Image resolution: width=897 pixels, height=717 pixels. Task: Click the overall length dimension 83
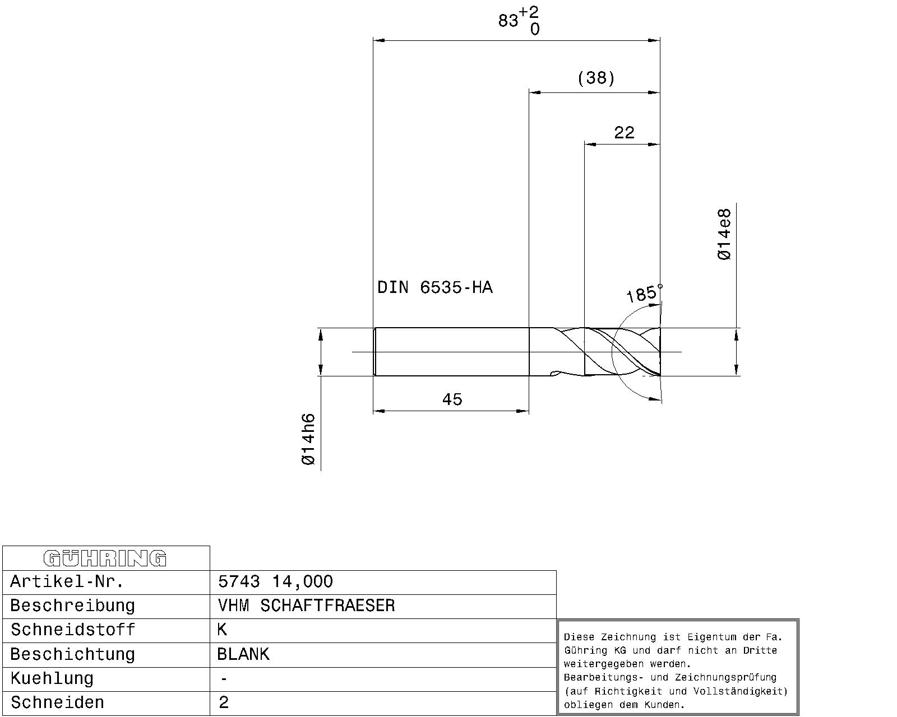point(508,20)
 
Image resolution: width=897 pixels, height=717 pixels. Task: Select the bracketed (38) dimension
point(596,78)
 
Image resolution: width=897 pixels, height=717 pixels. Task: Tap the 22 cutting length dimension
point(624,133)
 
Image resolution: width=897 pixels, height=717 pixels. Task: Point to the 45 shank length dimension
point(452,399)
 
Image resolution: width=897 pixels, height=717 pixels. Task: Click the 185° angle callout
point(644,293)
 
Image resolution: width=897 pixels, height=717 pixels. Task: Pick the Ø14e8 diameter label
point(724,235)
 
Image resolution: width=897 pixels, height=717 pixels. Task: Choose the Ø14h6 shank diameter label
point(308,439)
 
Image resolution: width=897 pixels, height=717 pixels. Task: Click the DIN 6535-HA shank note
point(434,287)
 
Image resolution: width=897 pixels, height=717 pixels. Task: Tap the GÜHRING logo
point(105,558)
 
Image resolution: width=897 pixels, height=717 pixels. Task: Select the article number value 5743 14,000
point(275,581)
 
